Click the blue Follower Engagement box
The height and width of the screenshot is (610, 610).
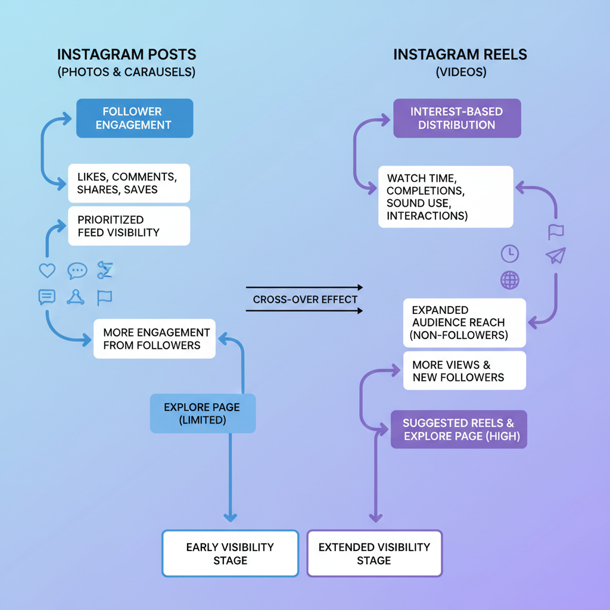click(135, 118)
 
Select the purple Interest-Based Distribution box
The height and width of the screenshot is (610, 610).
click(457, 118)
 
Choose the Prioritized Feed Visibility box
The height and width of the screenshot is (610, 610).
click(129, 226)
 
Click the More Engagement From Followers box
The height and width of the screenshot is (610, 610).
click(155, 339)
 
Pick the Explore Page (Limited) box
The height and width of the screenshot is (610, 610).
click(203, 413)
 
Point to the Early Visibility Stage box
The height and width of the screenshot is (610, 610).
click(230, 553)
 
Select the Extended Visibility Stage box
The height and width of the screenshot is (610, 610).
click(374, 553)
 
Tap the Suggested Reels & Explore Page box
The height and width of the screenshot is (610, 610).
click(459, 430)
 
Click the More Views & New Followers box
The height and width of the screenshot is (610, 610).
click(465, 371)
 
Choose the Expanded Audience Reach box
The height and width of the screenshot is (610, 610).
click(465, 322)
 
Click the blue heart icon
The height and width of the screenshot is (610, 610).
click(47, 271)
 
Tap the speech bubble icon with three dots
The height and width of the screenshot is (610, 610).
click(77, 271)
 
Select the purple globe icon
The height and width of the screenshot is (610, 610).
click(510, 280)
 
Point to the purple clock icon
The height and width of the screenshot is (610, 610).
click(510, 254)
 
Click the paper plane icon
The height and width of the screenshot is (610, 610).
click(555, 256)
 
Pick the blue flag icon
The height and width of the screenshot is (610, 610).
click(105, 297)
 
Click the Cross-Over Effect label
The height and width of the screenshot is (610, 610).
click(305, 300)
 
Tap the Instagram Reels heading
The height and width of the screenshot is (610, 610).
click(460, 55)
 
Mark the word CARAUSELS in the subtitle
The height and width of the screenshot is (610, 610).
click(157, 72)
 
